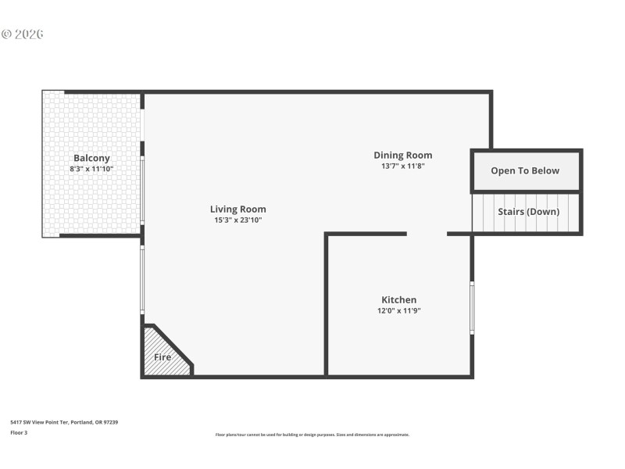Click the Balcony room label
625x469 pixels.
tap(91, 158)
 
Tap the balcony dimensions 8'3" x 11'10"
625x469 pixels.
tap(91, 169)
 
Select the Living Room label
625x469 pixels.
tap(237, 209)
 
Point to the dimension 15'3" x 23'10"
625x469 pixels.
tap(237, 220)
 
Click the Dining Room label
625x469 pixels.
tap(402, 155)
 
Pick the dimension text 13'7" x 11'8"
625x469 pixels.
tap(402, 166)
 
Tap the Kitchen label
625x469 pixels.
tap(398, 299)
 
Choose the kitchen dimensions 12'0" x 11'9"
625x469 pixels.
tap(398, 310)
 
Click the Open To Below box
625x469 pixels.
tap(525, 171)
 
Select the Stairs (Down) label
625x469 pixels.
tap(528, 212)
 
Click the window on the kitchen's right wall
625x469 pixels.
tap(472, 308)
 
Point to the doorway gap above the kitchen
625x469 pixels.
tap(427, 233)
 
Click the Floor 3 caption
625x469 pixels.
tap(19, 432)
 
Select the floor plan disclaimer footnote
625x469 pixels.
tap(312, 435)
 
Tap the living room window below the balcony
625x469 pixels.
tap(142, 279)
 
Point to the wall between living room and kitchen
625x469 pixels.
tap(326, 305)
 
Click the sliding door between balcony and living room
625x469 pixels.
tap(142, 188)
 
